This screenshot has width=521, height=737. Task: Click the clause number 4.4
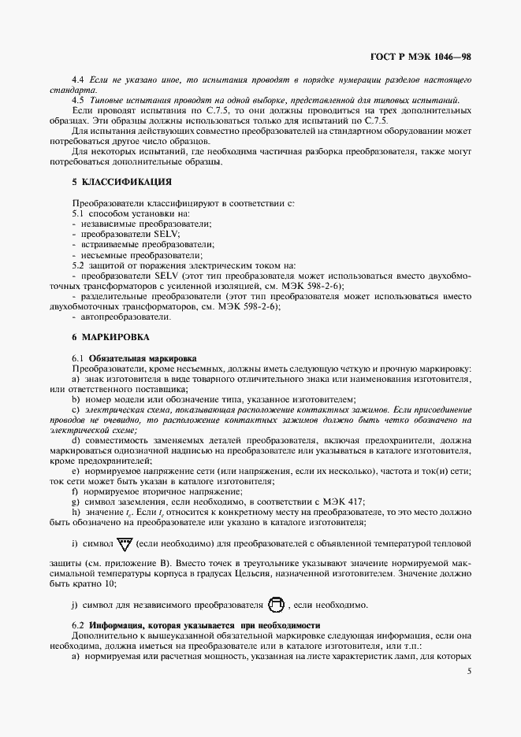(x=78, y=80)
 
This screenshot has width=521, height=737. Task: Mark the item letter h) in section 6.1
(x=76, y=512)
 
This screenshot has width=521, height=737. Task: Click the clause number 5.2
(x=78, y=265)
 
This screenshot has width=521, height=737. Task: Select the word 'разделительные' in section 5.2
(x=113, y=296)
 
